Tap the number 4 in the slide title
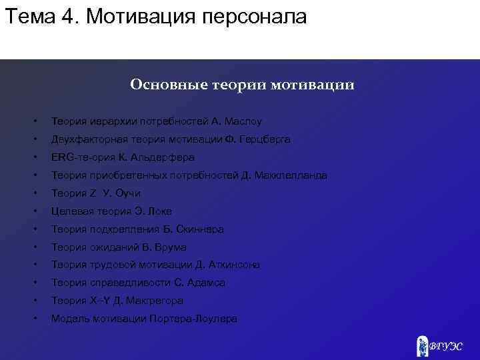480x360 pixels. (70, 17)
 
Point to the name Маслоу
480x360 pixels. (243, 122)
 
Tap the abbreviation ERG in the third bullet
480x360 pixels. (62, 158)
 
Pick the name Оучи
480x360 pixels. (127, 194)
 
